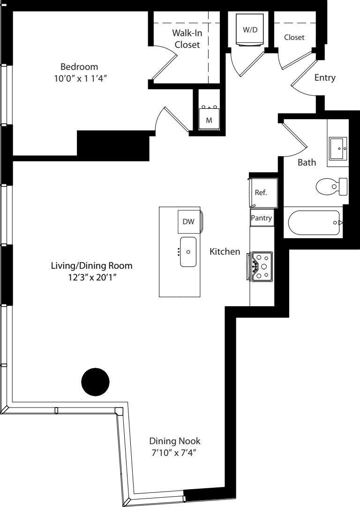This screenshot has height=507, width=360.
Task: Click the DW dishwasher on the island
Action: click(x=188, y=222)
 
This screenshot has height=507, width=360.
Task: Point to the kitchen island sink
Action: click(x=188, y=251)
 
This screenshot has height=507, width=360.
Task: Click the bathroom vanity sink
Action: click(x=337, y=149)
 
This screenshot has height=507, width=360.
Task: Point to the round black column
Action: click(x=95, y=381)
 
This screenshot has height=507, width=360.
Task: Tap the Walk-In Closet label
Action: click(x=187, y=39)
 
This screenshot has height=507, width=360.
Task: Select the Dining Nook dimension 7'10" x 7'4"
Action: click(x=175, y=453)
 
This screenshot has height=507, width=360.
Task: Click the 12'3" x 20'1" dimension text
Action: click(x=91, y=278)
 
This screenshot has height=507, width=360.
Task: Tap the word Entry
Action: click(x=325, y=78)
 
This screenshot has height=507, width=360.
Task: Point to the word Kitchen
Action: click(x=225, y=252)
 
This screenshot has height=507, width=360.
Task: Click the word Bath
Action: click(x=307, y=163)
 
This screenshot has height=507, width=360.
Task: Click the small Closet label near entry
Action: click(x=294, y=37)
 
